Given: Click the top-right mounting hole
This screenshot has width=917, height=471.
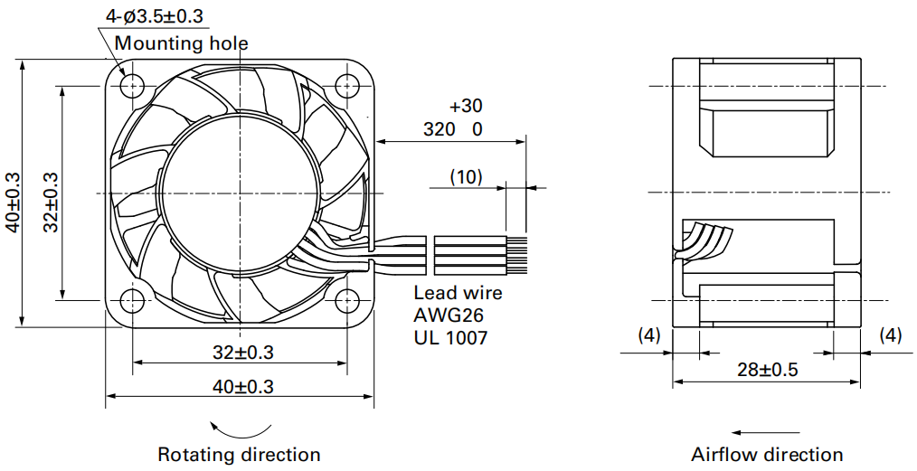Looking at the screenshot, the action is (346, 87).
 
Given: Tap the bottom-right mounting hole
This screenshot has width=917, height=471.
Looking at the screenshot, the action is (346, 300).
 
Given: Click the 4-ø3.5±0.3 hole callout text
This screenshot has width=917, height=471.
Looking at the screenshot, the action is (155, 16).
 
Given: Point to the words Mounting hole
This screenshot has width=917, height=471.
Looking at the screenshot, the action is (181, 43).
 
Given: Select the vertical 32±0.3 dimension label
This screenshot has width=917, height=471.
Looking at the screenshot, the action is (51, 202).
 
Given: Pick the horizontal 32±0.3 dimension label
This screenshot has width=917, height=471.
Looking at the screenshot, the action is (242, 353).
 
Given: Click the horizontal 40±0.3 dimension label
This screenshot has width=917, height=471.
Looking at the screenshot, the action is (242, 386).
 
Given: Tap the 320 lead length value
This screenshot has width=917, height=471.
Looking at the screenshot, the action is (440, 129).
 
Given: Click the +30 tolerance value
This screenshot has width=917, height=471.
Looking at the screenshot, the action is (466, 106).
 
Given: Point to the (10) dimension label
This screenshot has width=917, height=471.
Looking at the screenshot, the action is (466, 176).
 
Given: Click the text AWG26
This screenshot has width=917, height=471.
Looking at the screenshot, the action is (449, 315).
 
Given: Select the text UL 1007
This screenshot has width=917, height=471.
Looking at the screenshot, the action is (450, 338).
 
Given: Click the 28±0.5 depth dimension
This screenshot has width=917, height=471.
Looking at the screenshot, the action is (767, 370).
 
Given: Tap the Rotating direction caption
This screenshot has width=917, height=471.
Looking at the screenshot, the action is (239, 455).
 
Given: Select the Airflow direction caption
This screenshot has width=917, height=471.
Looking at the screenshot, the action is (767, 455).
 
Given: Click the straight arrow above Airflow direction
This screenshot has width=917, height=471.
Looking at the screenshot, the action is (766, 433).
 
